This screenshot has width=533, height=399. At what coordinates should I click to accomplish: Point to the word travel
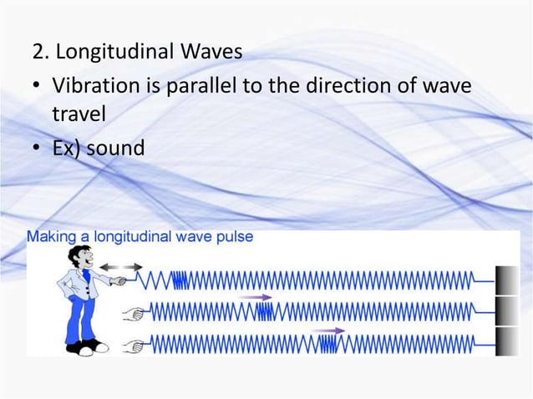pos(75,116)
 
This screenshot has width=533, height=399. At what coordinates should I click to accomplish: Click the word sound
pos(117,149)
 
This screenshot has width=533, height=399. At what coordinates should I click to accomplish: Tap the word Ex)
pos(68,149)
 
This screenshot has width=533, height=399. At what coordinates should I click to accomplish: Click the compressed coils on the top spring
pos(179,278)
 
